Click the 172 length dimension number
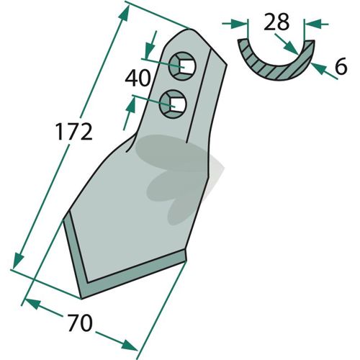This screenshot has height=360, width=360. pos(73,132)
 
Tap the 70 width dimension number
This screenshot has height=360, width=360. pos(80,323)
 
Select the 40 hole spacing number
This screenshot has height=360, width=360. pos(138,78)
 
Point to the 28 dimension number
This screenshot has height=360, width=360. pos(276,22)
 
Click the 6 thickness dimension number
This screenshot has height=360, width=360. pos(341,66)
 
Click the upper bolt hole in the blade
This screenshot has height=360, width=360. pos(182,66)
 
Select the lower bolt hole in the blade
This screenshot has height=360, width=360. pos(173,104)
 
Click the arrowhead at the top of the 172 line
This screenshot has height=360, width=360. pos(125,14)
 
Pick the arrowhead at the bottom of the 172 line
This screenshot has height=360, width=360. pos(18,261)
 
